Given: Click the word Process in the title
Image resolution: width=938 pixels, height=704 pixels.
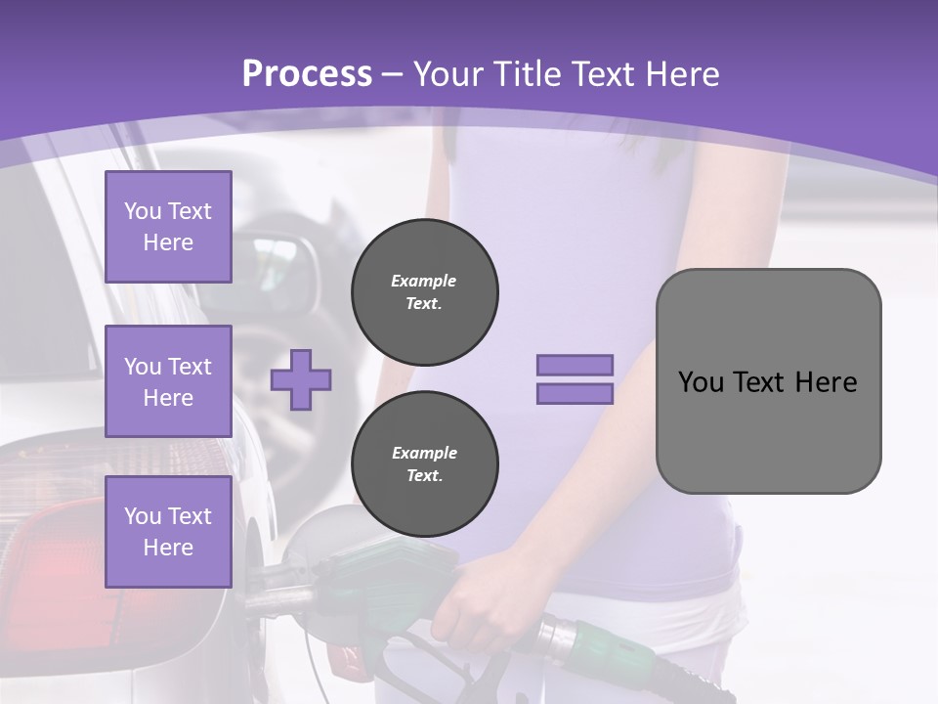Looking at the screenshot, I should point(307,74).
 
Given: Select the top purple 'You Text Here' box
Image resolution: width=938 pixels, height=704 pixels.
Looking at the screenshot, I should point(168,227).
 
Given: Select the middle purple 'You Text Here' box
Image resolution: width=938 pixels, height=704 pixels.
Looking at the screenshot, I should point(168,381).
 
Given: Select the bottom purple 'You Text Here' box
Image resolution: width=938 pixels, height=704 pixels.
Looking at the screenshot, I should point(168,531).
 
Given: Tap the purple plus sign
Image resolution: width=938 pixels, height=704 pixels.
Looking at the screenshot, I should point(301,379).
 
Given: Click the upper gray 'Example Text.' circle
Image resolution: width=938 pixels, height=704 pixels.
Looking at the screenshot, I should point(425,292).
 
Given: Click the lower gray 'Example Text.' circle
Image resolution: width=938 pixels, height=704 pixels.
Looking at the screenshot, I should point(425,464).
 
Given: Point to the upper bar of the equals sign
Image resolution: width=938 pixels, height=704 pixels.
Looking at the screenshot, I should point(576,365).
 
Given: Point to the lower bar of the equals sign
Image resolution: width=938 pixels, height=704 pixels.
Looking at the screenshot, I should point(576,394).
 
